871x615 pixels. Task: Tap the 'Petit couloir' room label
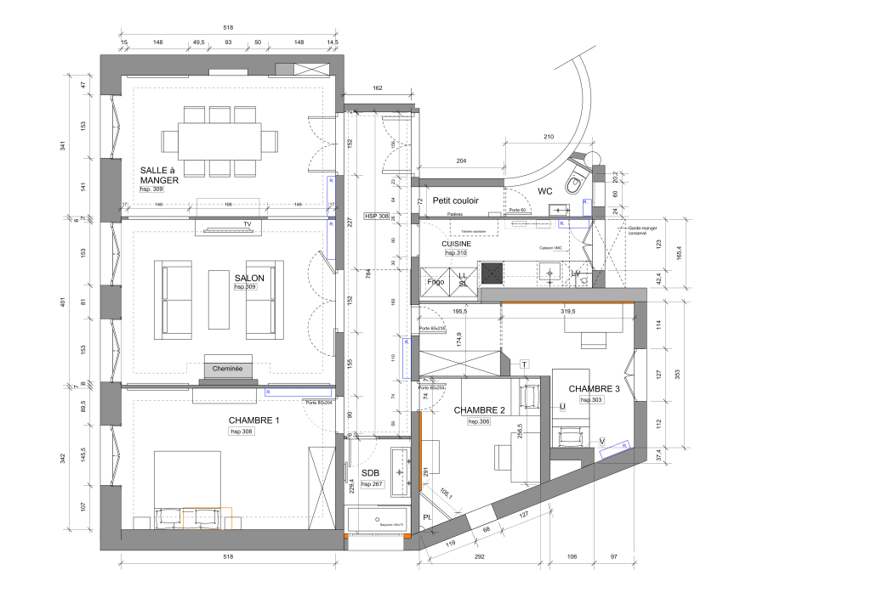[455, 200]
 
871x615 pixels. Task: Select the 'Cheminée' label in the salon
[227, 370]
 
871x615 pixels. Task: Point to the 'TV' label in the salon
[248, 225]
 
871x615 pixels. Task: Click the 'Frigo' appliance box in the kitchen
[435, 281]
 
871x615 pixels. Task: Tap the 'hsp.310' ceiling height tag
[455, 253]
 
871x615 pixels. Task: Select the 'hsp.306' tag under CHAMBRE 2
[479, 422]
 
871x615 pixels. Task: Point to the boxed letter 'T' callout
[524, 364]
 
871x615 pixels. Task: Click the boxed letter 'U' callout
[562, 407]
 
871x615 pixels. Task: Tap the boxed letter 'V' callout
[602, 441]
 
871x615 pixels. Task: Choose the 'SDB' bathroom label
[370, 472]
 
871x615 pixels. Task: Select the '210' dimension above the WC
[548, 137]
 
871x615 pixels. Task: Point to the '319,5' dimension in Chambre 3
[568, 312]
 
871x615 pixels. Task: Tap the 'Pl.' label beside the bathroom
[427, 517]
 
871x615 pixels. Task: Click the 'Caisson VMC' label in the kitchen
[550, 248]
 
